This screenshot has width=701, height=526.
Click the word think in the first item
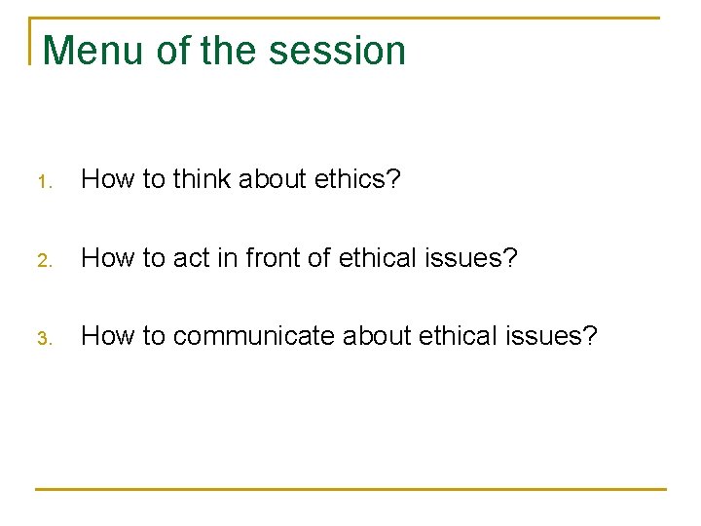pos(203,179)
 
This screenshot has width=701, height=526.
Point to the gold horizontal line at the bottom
pos(350,488)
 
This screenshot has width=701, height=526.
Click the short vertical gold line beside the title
pos(31,41)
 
